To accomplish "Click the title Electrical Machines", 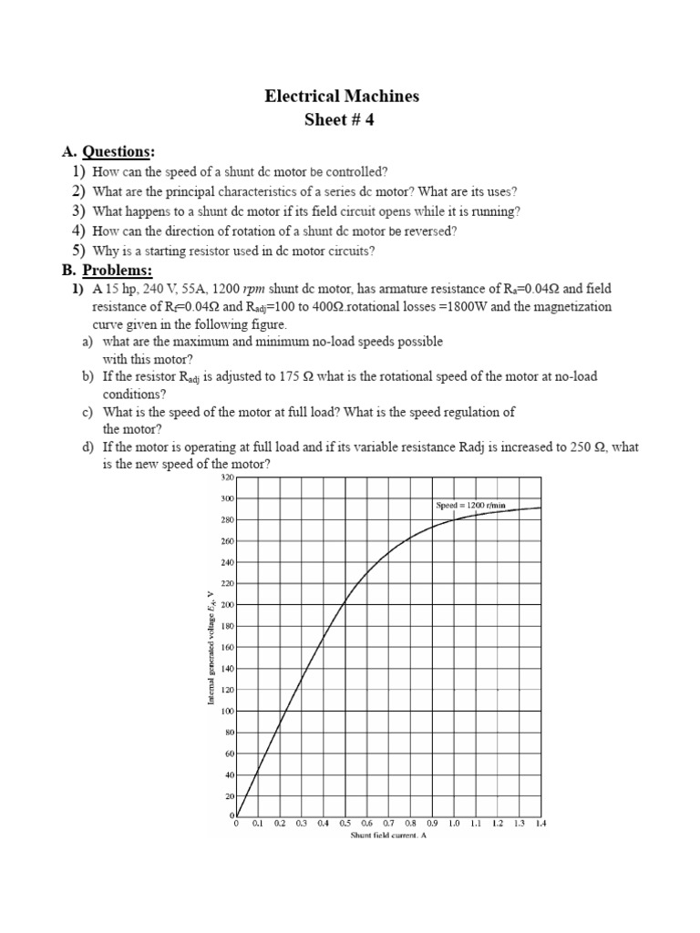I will [342, 96].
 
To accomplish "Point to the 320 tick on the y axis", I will [228, 477].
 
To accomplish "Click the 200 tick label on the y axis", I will [228, 605].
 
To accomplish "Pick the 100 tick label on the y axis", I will [228, 711].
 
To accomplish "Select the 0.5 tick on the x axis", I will [345, 823].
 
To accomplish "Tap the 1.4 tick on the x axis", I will [540, 823].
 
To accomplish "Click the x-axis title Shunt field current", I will [388, 835].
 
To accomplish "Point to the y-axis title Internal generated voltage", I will [211, 647].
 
